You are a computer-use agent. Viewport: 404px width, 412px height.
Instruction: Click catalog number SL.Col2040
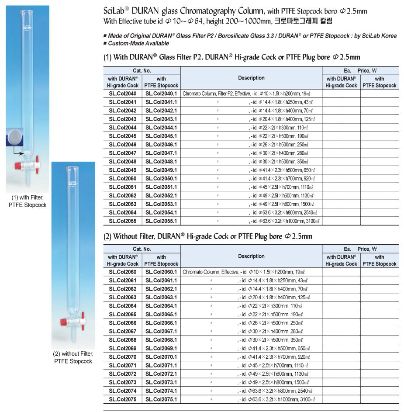(x=122, y=93)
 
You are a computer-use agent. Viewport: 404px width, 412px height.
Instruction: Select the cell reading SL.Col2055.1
(x=161, y=221)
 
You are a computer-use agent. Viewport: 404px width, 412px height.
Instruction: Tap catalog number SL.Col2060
(x=122, y=272)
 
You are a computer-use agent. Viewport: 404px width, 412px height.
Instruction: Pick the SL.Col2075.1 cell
(x=161, y=399)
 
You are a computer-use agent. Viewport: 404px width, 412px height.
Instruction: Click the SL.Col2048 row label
(x=122, y=162)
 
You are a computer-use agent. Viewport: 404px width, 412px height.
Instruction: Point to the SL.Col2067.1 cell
(x=161, y=332)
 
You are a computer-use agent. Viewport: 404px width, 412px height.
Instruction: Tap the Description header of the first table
(x=251, y=78)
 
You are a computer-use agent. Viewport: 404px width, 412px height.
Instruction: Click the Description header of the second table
(x=251, y=256)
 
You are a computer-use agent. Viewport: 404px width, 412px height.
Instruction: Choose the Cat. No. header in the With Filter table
(x=142, y=70)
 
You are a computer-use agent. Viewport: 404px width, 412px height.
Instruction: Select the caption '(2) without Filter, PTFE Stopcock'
(x=73, y=357)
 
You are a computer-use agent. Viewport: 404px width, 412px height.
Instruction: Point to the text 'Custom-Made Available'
(x=138, y=43)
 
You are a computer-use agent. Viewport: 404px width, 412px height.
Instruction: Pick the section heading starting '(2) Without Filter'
(x=208, y=237)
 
